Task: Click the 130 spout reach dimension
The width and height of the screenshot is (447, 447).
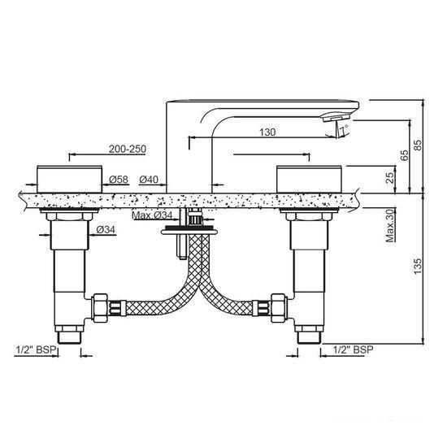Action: click(267, 132)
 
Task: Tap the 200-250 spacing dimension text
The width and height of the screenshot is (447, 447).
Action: click(128, 149)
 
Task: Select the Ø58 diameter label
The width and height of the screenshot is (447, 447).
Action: click(119, 180)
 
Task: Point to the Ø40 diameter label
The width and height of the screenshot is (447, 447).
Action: click(149, 180)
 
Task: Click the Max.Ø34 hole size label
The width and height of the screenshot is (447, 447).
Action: click(152, 215)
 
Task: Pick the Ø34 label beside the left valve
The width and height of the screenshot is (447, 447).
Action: click(106, 229)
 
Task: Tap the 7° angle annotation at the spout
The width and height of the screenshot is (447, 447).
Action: click(344, 130)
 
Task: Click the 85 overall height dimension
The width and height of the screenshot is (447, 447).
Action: click(418, 145)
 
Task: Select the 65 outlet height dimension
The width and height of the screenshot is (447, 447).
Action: click(404, 154)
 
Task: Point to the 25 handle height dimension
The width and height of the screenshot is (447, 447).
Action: click(389, 177)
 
